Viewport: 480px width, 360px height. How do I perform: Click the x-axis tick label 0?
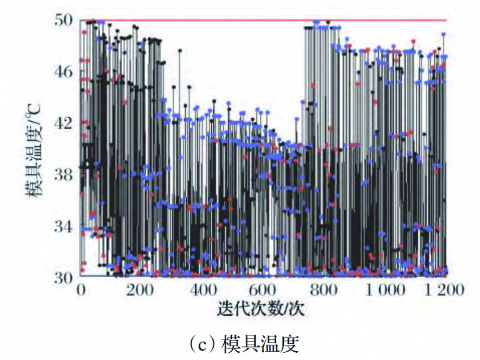pyautogui.click(x=82, y=291)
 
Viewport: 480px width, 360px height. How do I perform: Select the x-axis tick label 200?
pyautogui.click(x=140, y=291)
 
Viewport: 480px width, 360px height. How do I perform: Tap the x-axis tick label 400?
pyautogui.click(x=202, y=291)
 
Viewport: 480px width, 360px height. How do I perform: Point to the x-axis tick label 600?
pyautogui.click(x=263, y=291)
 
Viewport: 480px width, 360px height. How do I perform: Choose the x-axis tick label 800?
pyautogui.click(x=324, y=291)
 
